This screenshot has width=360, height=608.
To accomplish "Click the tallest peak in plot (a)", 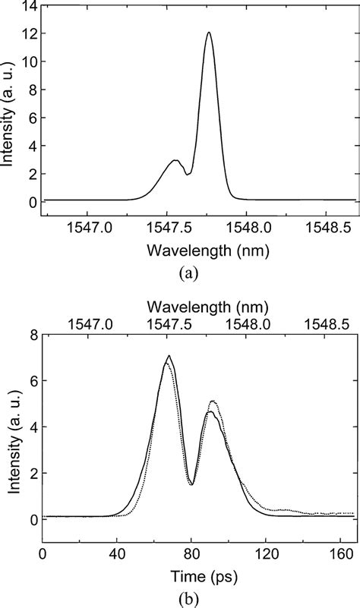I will (x=209, y=33).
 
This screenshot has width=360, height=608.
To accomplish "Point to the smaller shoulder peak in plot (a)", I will (x=175, y=160).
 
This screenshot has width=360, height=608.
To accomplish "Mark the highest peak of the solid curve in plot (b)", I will (x=169, y=356).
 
